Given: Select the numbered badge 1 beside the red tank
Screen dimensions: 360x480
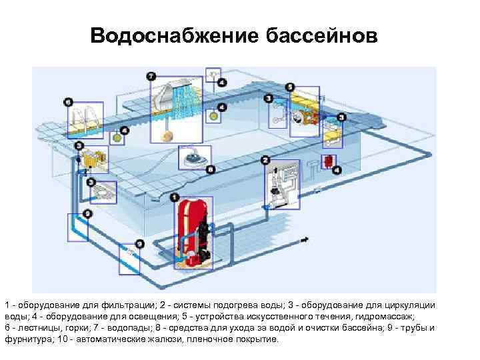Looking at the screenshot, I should click(175, 197).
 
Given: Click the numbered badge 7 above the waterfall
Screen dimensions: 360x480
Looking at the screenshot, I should click(151, 75).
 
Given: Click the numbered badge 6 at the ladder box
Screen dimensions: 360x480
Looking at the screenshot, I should click(68, 102).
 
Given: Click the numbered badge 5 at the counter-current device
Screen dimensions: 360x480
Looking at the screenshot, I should click(289, 87).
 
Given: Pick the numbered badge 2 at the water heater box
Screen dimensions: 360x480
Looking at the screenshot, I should click(265, 160).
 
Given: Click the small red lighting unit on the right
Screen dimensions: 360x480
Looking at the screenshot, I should click(328, 161).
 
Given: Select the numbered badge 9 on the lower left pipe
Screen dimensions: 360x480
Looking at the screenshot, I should click(139, 245).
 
